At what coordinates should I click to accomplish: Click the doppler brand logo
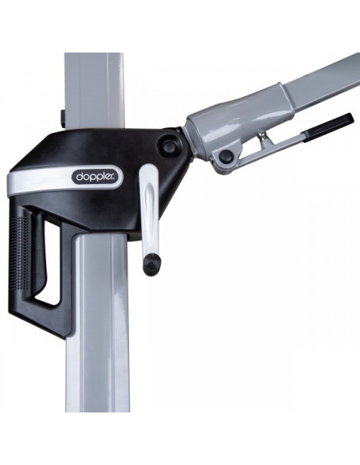(x=96, y=177)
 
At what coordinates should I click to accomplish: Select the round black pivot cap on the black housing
(x=169, y=146)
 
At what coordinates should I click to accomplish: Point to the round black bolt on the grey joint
(x=226, y=155)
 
